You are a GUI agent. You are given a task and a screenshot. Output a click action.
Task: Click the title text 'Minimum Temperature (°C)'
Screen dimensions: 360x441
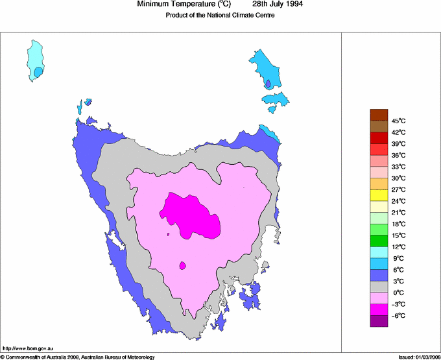pos(184,4)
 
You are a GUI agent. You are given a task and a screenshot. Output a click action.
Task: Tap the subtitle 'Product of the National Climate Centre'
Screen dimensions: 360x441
pos(220,16)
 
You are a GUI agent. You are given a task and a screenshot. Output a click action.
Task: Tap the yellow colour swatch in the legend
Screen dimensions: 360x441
pos(379,195)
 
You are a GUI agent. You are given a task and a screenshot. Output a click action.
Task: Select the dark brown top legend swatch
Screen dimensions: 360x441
pos(379,115)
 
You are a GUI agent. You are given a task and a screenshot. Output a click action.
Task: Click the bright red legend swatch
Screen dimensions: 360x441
pos(379,138)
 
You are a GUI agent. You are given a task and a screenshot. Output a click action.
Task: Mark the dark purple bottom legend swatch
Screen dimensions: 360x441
pos(379,321)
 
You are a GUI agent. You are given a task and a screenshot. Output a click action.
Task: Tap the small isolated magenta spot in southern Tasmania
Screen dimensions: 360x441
pos(183,265)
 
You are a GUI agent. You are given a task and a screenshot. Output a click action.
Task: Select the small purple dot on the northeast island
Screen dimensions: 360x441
pos(268,83)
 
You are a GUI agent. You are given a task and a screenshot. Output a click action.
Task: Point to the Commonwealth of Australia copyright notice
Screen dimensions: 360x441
pos(78,357)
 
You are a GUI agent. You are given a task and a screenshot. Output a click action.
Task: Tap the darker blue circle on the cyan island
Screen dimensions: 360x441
pos(38,71)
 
